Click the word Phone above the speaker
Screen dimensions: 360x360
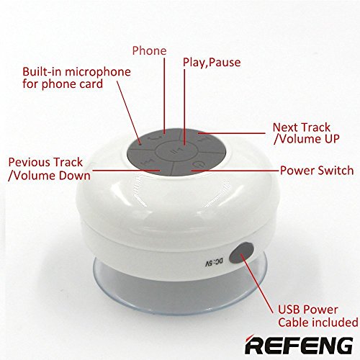(x=149, y=50)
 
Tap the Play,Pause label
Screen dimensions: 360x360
(x=212, y=63)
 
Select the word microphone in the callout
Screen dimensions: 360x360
(x=98, y=73)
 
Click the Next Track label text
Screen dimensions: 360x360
(x=302, y=127)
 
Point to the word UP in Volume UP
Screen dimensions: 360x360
(x=332, y=139)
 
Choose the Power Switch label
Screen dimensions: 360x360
(x=317, y=171)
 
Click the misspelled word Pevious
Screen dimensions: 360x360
(x=29, y=162)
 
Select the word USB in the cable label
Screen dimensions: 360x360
(x=287, y=310)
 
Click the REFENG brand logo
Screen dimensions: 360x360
(x=299, y=345)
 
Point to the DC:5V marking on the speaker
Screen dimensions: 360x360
(x=214, y=262)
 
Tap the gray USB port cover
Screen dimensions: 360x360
(x=241, y=253)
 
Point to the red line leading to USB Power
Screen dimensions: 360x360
(x=257, y=284)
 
